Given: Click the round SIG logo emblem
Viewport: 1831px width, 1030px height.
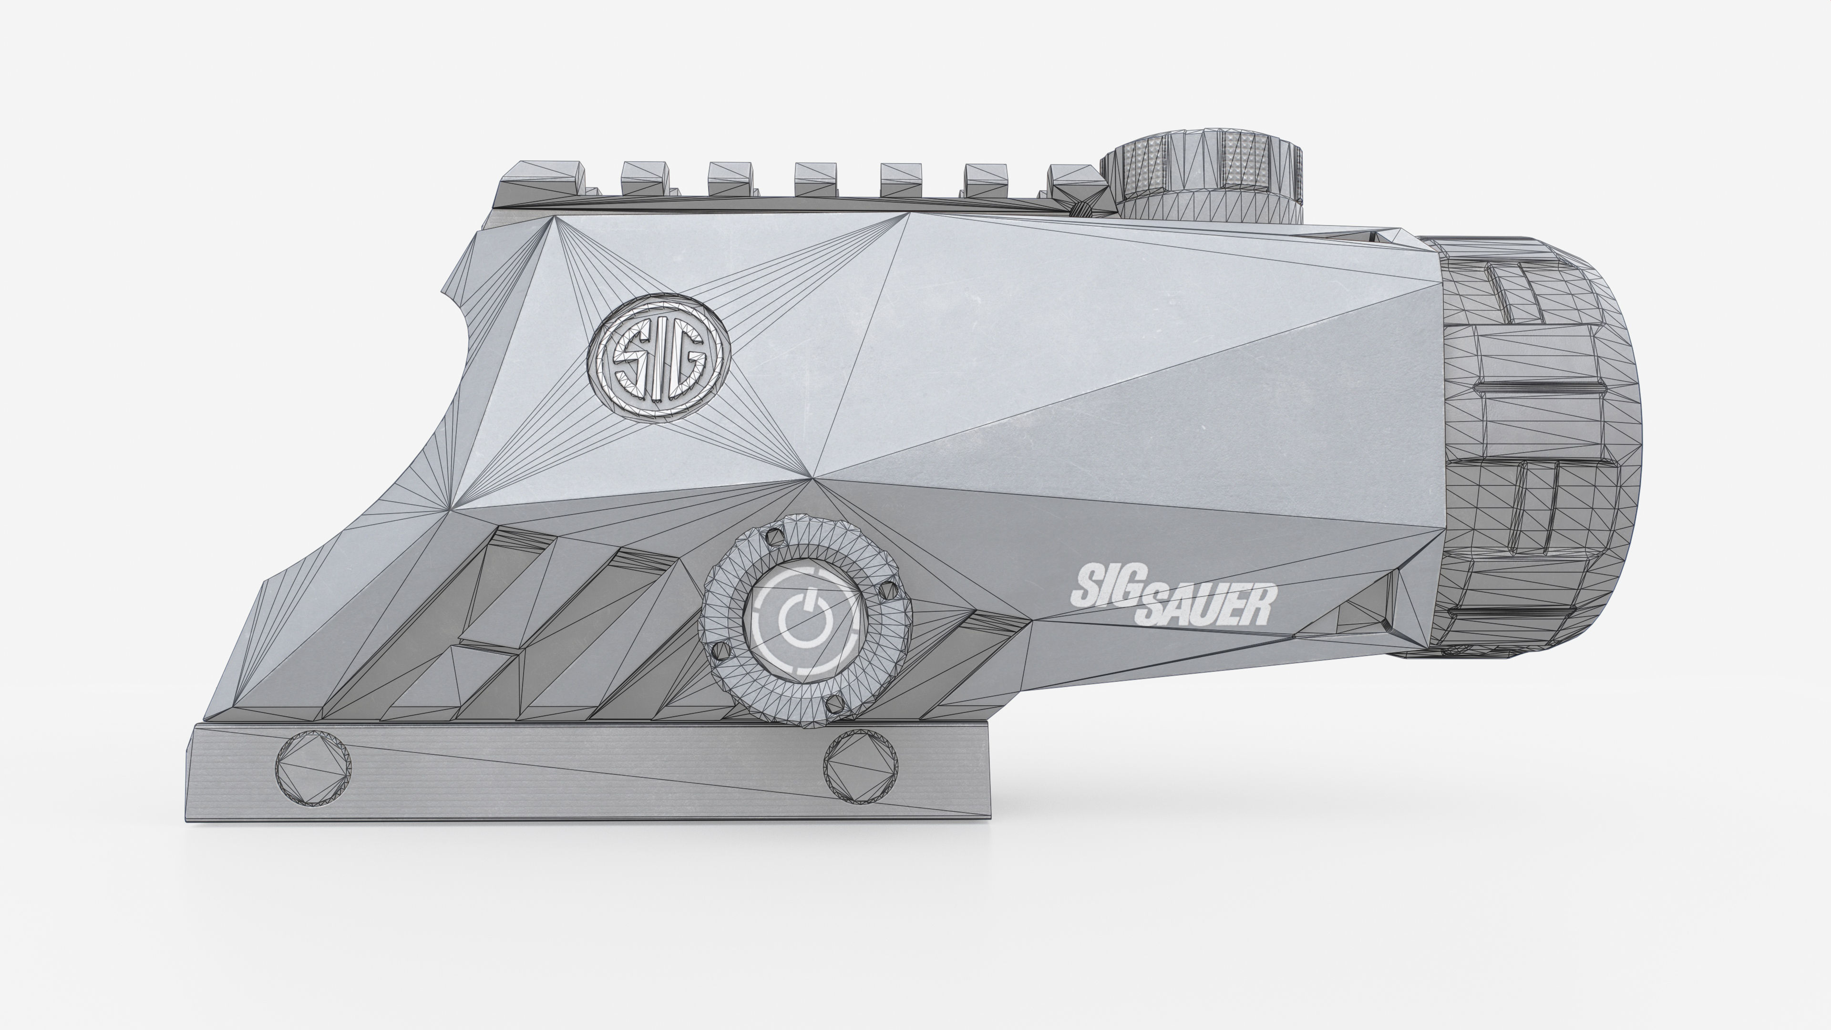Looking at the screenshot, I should tap(659, 360).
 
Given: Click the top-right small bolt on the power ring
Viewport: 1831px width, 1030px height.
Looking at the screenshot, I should tap(886, 590).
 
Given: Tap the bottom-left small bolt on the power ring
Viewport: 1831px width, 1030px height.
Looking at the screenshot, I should tap(720, 650).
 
